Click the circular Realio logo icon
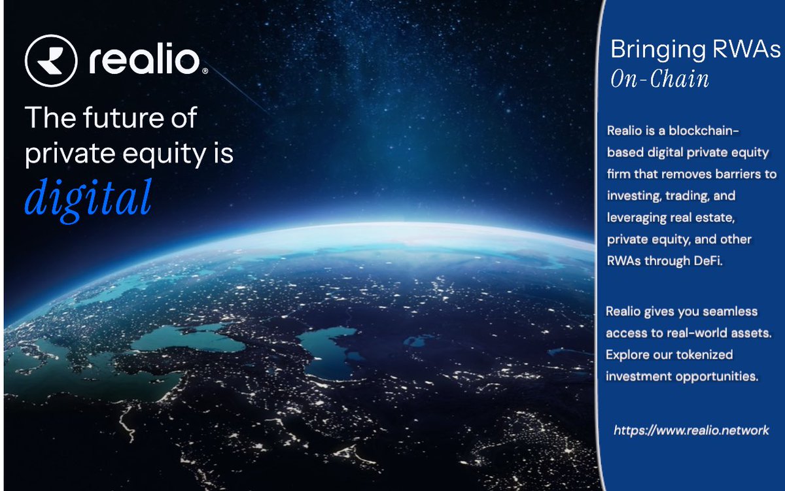[x=51, y=61]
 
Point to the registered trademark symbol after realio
[x=205, y=71]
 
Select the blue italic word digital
[x=88, y=194]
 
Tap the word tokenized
[x=702, y=355]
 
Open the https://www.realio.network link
[x=691, y=431]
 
